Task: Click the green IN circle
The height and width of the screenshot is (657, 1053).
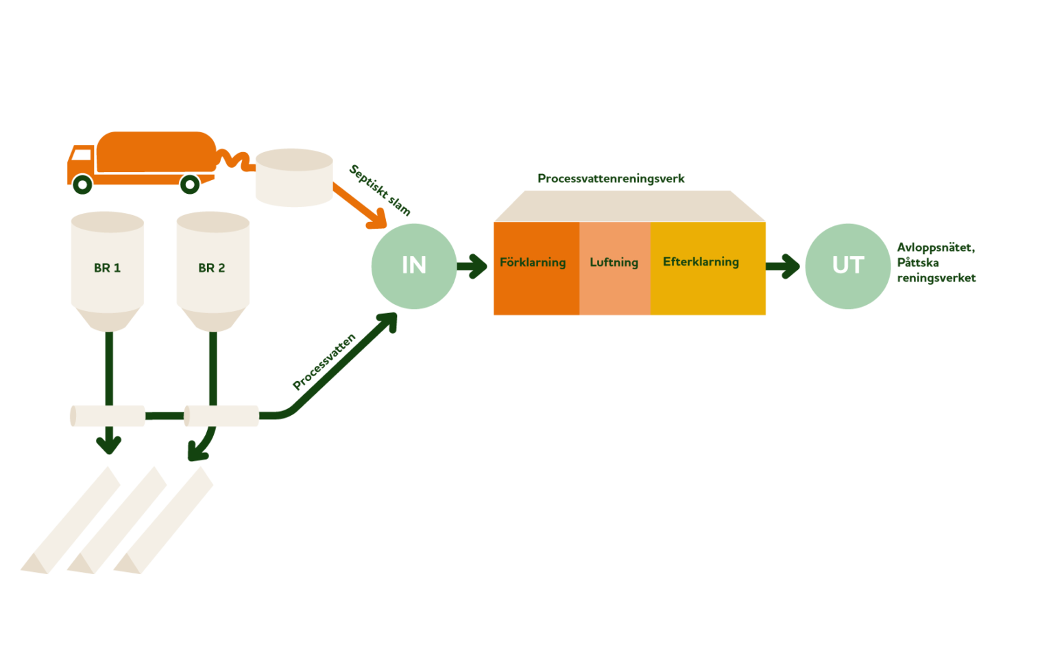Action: [x=413, y=266]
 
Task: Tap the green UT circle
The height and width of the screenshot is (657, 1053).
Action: [x=847, y=266]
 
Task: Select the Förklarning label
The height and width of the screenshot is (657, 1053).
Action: [x=533, y=262]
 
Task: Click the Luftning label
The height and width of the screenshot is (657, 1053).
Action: [x=614, y=262]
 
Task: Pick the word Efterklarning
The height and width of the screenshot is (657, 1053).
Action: [x=701, y=262]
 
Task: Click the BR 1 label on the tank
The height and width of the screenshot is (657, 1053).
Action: [x=107, y=268]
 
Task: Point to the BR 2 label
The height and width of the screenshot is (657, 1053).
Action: [x=212, y=268]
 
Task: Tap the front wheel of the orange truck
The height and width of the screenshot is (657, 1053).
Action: [x=82, y=184]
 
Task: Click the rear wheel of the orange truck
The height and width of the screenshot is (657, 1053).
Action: [x=190, y=184]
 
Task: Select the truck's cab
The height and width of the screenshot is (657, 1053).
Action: [x=80, y=162]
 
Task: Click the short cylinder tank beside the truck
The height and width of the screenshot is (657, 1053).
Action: [x=294, y=177]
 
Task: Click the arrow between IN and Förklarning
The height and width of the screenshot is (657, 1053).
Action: [x=472, y=266]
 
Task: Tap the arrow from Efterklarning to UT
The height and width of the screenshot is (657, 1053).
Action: [x=783, y=266]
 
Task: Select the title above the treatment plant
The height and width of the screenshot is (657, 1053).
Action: [x=611, y=179]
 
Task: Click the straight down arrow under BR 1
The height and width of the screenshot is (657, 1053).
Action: [x=108, y=442]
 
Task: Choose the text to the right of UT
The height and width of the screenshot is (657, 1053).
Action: [x=936, y=262]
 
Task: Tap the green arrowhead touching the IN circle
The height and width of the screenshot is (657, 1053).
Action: [x=389, y=320]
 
